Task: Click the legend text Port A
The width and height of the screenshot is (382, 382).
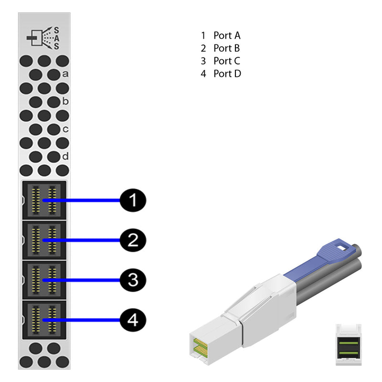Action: click(227, 35)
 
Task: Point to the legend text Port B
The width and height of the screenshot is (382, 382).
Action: click(227, 48)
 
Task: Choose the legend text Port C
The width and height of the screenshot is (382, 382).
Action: click(227, 61)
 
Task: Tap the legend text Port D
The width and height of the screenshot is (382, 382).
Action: click(227, 74)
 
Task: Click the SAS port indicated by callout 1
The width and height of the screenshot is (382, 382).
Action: click(44, 200)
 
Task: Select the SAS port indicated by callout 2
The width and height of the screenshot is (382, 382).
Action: click(44, 240)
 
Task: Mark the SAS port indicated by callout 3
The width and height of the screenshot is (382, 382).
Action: click(44, 279)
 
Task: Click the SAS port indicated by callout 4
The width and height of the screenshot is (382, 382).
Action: click(44, 319)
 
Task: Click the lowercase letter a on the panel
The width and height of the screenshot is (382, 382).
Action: click(65, 74)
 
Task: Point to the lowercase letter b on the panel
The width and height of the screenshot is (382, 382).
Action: click(65, 101)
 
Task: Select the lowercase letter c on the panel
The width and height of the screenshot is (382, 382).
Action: click(65, 129)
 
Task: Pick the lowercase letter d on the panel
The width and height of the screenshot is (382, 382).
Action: click(65, 156)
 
